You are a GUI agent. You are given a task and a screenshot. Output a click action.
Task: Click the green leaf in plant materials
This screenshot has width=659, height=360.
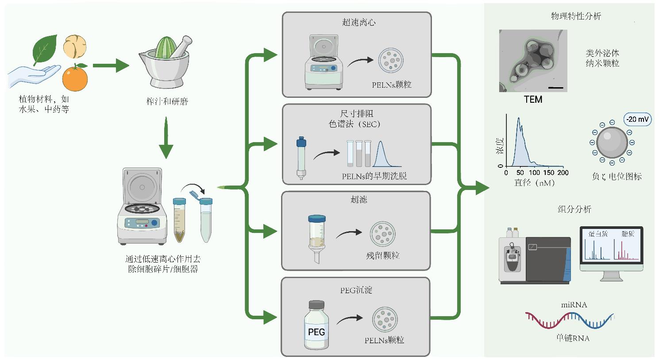click(x=45, y=49)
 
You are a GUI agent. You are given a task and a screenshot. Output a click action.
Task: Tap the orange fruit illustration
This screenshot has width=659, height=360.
click(x=75, y=77)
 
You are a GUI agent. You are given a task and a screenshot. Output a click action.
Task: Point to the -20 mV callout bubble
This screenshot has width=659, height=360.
click(x=637, y=119)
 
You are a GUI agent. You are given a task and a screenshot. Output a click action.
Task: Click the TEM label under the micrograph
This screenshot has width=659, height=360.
click(x=533, y=100)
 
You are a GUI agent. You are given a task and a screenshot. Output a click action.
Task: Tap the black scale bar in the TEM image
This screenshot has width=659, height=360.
click(x=556, y=87)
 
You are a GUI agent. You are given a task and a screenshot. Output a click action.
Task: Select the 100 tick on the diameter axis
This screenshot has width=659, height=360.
click(x=534, y=173)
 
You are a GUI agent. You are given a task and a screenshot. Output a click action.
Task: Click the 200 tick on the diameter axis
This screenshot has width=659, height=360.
click(x=563, y=173)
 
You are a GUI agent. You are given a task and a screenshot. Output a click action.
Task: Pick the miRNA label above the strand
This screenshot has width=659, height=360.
click(x=574, y=305)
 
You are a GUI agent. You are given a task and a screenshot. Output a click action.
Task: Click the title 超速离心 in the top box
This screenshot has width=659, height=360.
click(x=358, y=23)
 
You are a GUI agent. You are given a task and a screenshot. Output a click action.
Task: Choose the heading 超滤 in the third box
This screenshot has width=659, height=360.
click(x=358, y=200)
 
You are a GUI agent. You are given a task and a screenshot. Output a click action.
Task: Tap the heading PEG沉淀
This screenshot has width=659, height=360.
click(x=356, y=290)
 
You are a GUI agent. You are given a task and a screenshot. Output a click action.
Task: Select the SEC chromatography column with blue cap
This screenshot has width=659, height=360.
click(x=301, y=158)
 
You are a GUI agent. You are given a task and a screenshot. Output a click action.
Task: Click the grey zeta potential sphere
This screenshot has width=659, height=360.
click(x=612, y=143)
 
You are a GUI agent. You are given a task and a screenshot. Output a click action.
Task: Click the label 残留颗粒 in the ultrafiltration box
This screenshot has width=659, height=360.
click(x=383, y=255)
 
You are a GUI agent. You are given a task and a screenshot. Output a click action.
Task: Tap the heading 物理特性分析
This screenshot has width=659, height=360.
click(x=576, y=16)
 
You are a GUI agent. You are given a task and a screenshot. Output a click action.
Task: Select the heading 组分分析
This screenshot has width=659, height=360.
click(x=574, y=209)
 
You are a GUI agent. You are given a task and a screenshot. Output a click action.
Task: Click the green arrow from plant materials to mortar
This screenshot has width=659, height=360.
click(x=111, y=66)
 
